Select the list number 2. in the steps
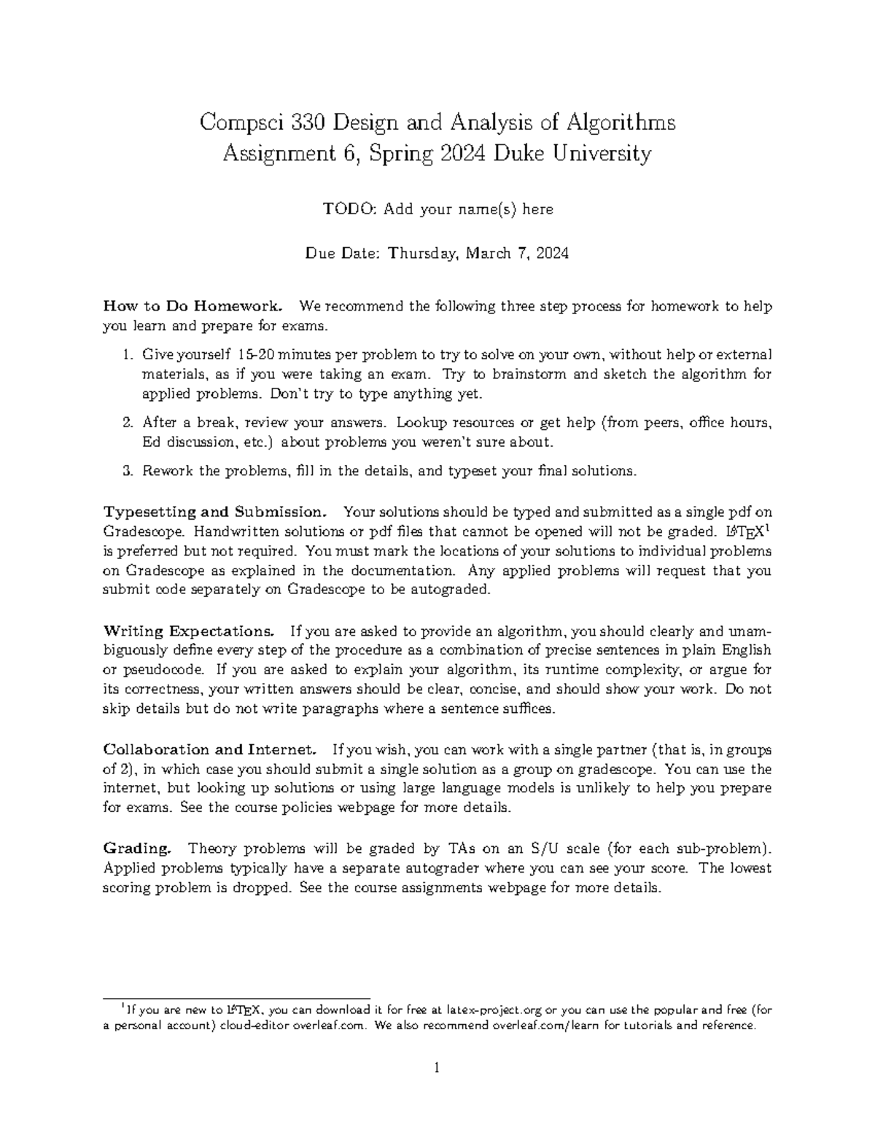coord(128,422)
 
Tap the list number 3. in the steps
coord(128,471)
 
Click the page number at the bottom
coord(437,1069)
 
